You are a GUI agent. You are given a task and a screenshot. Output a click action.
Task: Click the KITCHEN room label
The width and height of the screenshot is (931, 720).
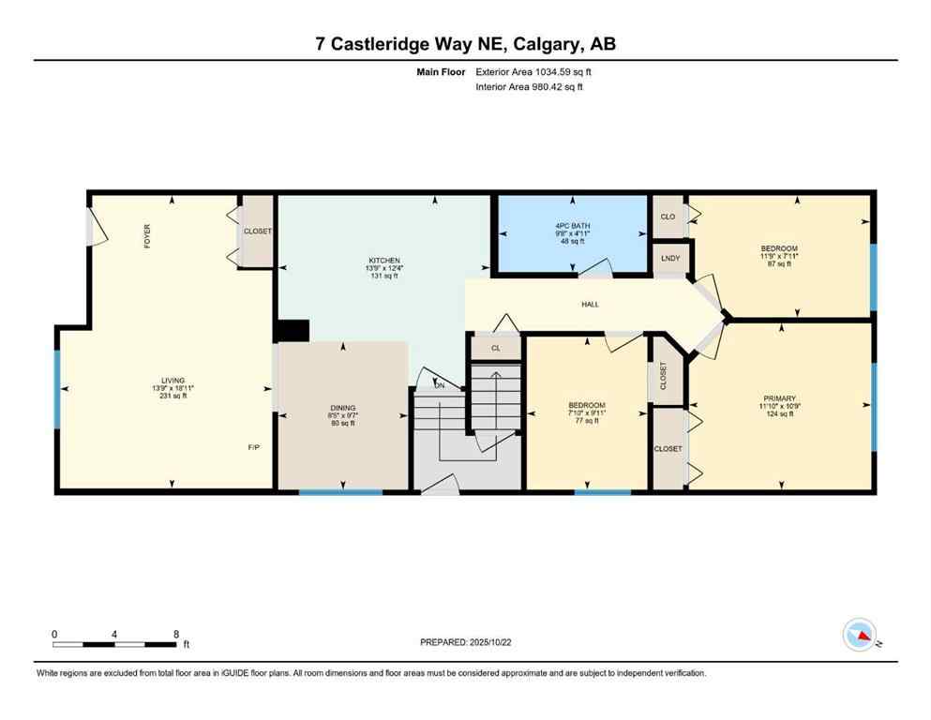coord(384,261)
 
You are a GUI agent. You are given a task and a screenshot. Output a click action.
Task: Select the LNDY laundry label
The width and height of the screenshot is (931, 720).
coord(669,258)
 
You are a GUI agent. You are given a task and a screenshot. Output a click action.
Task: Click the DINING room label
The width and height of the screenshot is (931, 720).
coord(341,405)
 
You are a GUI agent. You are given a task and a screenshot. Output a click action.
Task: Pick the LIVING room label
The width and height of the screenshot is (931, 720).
coord(173,381)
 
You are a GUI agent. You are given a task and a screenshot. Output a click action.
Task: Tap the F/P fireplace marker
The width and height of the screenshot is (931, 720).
coord(253,447)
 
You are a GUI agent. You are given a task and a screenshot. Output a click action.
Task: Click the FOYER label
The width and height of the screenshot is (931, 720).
coord(147,235)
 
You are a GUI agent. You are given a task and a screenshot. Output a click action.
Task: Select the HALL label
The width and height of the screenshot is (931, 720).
coord(590,304)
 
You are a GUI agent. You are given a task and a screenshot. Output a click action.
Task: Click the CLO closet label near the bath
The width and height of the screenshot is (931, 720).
coord(668,217)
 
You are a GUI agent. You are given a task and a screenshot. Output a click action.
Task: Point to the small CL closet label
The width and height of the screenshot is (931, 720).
coord(495,347)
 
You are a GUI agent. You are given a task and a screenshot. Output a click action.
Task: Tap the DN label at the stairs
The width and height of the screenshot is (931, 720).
coord(439,385)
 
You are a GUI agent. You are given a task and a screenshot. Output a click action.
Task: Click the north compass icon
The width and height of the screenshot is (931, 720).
coord(860,636)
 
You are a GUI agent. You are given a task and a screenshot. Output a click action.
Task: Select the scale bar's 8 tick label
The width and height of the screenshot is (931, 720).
coord(175,634)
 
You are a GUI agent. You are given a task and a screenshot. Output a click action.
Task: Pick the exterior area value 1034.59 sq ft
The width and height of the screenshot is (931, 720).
coord(557,71)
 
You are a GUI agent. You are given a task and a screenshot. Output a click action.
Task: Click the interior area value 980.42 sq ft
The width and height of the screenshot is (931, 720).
coord(556,87)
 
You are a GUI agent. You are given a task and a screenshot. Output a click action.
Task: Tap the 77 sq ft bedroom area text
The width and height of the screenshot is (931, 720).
coord(586,421)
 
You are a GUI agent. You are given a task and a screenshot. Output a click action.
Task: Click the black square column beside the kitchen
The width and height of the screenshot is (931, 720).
coord(292,332)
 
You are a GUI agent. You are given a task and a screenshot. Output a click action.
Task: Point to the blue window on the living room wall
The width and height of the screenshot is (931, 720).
coord(57,388)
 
